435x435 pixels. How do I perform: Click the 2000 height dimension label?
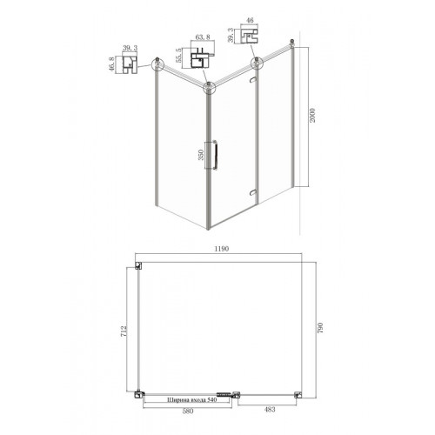[x=312, y=116]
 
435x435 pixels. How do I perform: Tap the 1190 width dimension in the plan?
[x=222, y=249]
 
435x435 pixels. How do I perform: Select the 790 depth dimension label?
[x=320, y=327]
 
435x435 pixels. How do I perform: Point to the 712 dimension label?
[x=124, y=331]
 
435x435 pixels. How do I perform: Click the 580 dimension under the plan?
[x=188, y=411]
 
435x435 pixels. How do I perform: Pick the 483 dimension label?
[x=270, y=410]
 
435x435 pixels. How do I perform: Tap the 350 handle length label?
[x=201, y=155]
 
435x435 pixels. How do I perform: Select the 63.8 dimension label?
[x=203, y=37]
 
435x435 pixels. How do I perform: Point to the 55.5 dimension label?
[x=178, y=55]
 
